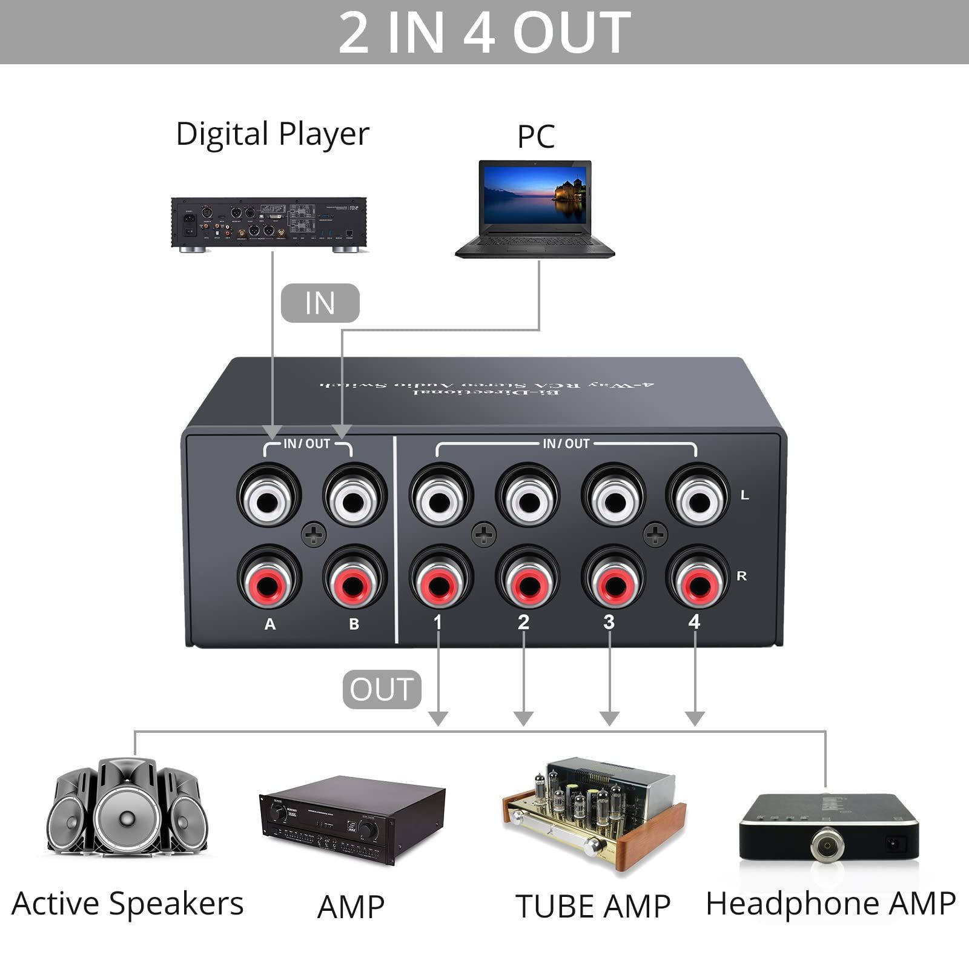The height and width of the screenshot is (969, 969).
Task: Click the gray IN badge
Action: [x=320, y=303]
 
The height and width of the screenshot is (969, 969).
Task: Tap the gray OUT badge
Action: [x=382, y=689]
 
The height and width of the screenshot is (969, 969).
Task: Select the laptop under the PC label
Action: [x=535, y=209]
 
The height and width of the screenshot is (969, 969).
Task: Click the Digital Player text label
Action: [x=272, y=134]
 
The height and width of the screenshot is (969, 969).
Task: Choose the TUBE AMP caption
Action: [x=593, y=907]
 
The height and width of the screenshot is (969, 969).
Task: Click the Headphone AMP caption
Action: [x=830, y=904]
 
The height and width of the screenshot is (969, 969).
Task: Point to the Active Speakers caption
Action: [x=127, y=904]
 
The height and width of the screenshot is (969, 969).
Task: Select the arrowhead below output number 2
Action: [x=523, y=718]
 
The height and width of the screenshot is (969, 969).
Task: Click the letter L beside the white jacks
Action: [x=744, y=495]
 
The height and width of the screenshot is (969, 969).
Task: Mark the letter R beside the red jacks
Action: [x=742, y=576]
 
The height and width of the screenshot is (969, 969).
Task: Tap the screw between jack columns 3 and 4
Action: [x=655, y=534]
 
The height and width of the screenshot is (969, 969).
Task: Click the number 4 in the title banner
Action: [x=479, y=33]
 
